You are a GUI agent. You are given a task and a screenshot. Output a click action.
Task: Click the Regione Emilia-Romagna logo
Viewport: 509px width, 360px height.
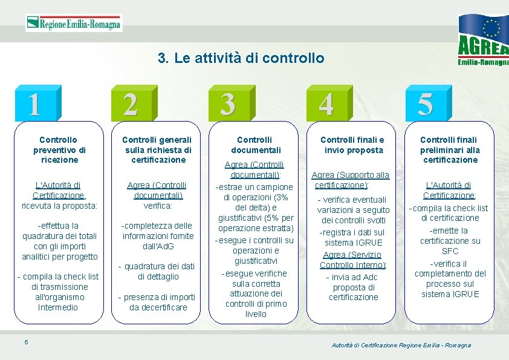pyautogui.click(x=74, y=24)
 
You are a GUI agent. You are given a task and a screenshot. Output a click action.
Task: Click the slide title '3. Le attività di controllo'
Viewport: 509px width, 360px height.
pyautogui.click(x=241, y=58)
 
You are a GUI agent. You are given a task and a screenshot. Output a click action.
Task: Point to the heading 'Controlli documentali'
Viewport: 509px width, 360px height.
pyautogui.click(x=254, y=145)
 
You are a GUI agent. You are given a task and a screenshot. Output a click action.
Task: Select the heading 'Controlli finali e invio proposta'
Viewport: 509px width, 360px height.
pyautogui.click(x=352, y=145)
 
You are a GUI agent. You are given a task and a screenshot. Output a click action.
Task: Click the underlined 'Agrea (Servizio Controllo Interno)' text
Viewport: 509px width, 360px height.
pyautogui.click(x=353, y=260)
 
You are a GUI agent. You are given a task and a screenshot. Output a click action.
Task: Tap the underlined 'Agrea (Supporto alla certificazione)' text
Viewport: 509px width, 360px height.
pyautogui.click(x=353, y=180)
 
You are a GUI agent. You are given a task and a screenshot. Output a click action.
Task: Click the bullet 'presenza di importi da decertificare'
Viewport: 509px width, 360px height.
pyautogui.click(x=157, y=302)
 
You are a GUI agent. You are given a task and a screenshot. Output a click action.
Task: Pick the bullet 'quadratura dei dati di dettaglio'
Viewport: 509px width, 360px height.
pyautogui.click(x=157, y=271)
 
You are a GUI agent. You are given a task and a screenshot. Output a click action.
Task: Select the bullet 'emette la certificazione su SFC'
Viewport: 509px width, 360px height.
pyautogui.click(x=450, y=240)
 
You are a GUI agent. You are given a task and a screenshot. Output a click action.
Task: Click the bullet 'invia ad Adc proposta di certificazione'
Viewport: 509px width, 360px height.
pyautogui.click(x=353, y=287)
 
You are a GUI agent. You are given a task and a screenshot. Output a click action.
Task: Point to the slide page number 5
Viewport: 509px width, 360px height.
pyautogui.click(x=26, y=342)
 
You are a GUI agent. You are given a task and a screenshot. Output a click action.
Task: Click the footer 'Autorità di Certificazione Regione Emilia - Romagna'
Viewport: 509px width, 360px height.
pyautogui.click(x=401, y=345)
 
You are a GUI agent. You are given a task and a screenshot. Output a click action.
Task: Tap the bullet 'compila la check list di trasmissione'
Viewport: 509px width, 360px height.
pyautogui.click(x=58, y=292)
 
